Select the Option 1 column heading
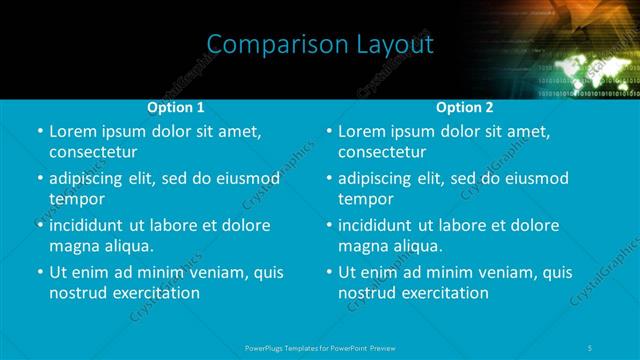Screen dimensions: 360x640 coord(176,107)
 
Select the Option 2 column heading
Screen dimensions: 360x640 coord(465,107)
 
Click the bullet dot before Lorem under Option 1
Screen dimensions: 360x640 coord(40,132)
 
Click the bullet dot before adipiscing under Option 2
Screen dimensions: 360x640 coord(329,179)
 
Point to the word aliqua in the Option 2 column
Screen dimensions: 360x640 coord(418,246)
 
